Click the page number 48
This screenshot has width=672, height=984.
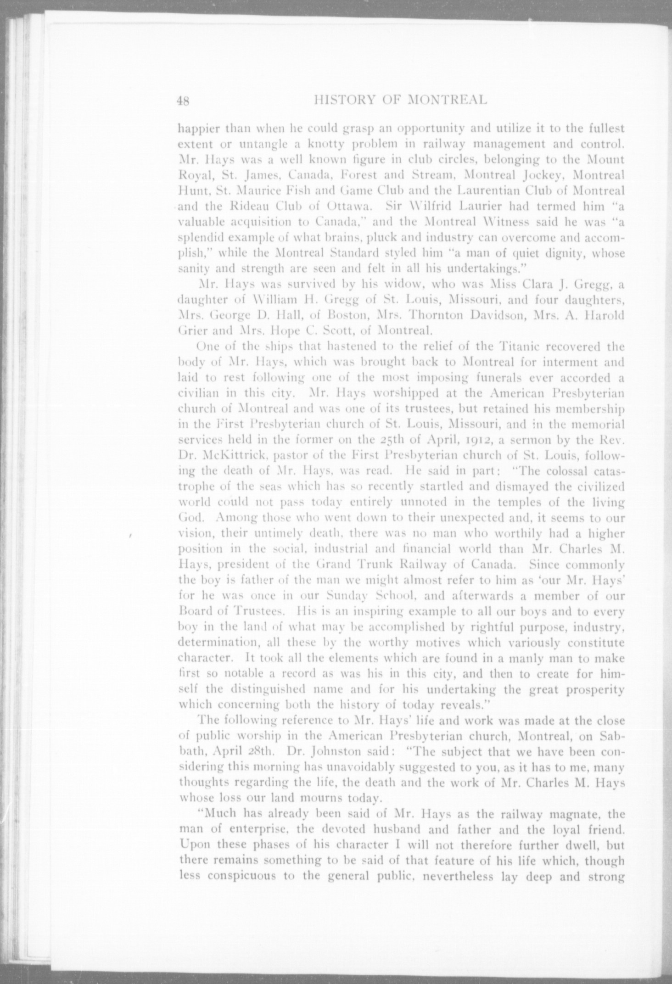click(184, 101)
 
